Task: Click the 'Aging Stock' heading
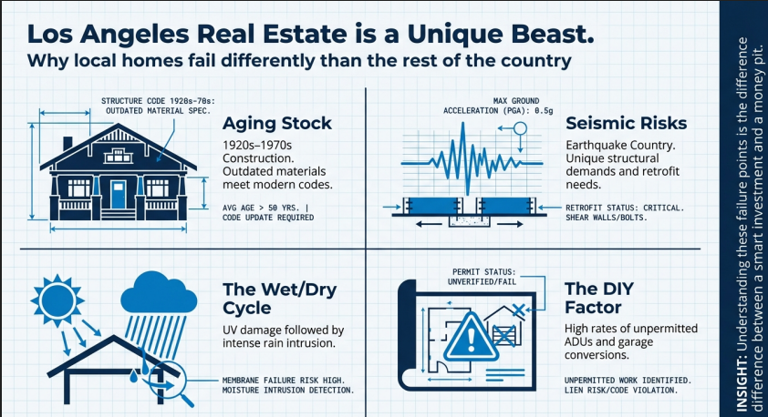277,124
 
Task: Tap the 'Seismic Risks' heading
626,123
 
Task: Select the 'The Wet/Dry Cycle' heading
280,299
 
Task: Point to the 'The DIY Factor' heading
599,299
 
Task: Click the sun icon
57,300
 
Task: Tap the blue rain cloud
159,292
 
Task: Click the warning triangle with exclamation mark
471,337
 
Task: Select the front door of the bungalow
118,195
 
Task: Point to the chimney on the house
67,144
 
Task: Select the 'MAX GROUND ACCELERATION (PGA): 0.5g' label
498,106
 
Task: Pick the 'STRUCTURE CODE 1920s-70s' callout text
158,101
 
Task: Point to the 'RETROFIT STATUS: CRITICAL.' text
625,208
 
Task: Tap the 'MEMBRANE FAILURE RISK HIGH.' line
284,381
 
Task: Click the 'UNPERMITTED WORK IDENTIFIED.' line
628,381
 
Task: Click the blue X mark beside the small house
518,309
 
